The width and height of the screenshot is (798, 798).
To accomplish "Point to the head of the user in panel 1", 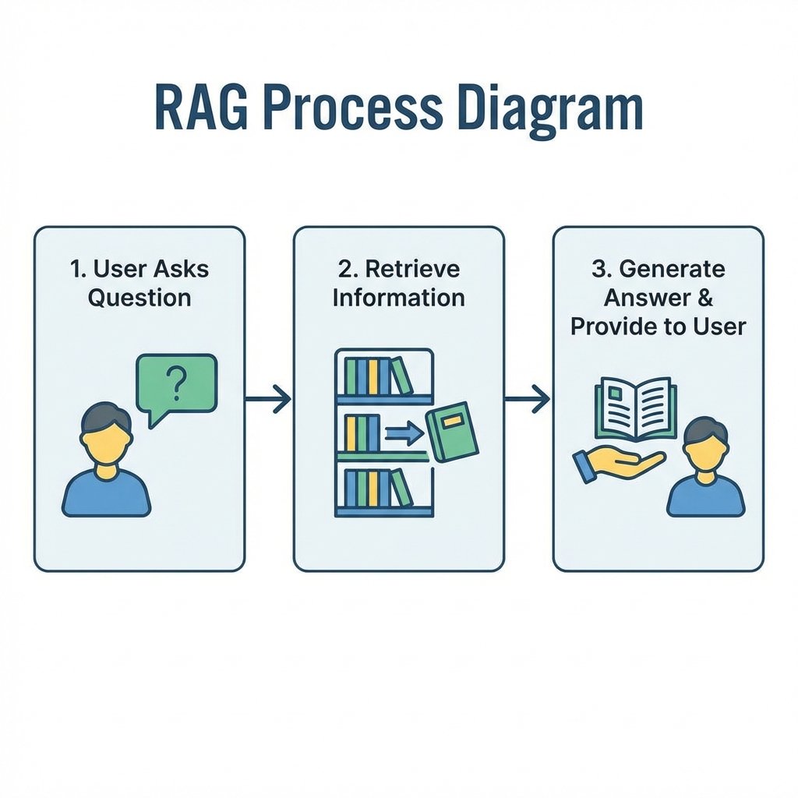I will (106, 432).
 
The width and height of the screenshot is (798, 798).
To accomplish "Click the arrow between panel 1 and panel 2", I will (268, 399).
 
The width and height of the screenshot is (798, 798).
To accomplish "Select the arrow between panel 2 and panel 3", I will (528, 399).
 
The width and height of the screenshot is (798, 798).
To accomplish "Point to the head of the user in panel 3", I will (705, 443).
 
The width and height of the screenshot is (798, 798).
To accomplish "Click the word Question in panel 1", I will (139, 297).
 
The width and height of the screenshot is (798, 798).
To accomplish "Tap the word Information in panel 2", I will (398, 297).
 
